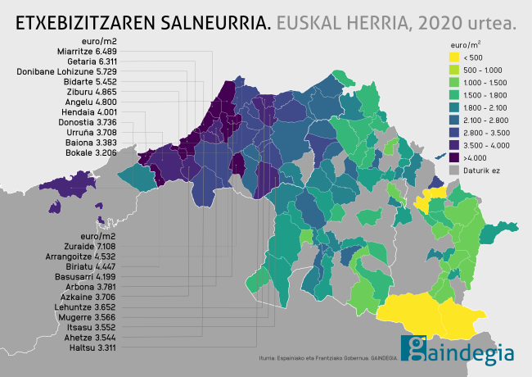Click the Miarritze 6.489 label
point(88,51)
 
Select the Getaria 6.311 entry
point(89,61)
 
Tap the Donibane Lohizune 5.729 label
point(67,71)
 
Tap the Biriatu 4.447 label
point(89,266)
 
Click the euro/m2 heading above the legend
point(466,43)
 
